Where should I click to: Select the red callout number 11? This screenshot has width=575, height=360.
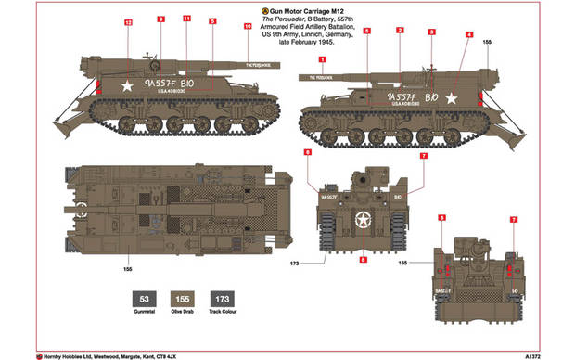(x=185, y=19)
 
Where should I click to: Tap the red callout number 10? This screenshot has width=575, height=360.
(x=247, y=27)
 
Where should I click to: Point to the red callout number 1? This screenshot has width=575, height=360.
(x=323, y=60)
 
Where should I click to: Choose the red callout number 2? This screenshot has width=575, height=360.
(x=400, y=31)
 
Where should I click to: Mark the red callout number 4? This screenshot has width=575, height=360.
(x=468, y=34)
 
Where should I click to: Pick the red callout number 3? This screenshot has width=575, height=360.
(x=431, y=32)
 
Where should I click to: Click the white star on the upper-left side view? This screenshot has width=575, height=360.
(x=127, y=85)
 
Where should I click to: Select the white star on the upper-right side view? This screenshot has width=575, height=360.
(x=452, y=96)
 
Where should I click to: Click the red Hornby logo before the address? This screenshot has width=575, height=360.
(x=39, y=354)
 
